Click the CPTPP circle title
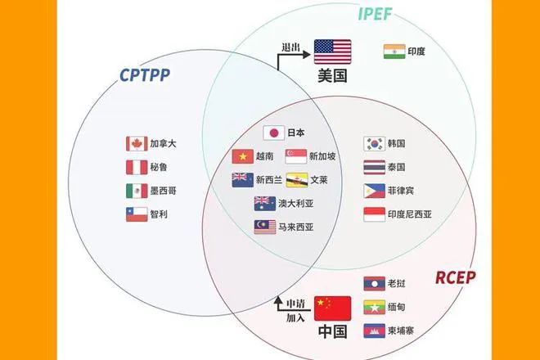(x=145, y=75)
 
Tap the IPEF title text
(x=375, y=14)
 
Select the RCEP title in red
(x=455, y=277)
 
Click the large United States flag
(x=332, y=52)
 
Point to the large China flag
(x=332, y=308)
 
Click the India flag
(x=394, y=52)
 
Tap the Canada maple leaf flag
(x=137, y=144)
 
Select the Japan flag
(x=274, y=133)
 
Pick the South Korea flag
(x=375, y=144)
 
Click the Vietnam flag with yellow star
(x=243, y=156)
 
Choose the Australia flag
(x=265, y=204)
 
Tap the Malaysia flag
(x=265, y=227)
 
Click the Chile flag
(x=137, y=214)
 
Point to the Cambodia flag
(x=375, y=331)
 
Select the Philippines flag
(x=375, y=191)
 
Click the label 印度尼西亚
(x=409, y=214)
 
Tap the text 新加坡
(x=322, y=156)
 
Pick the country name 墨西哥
(x=163, y=191)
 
